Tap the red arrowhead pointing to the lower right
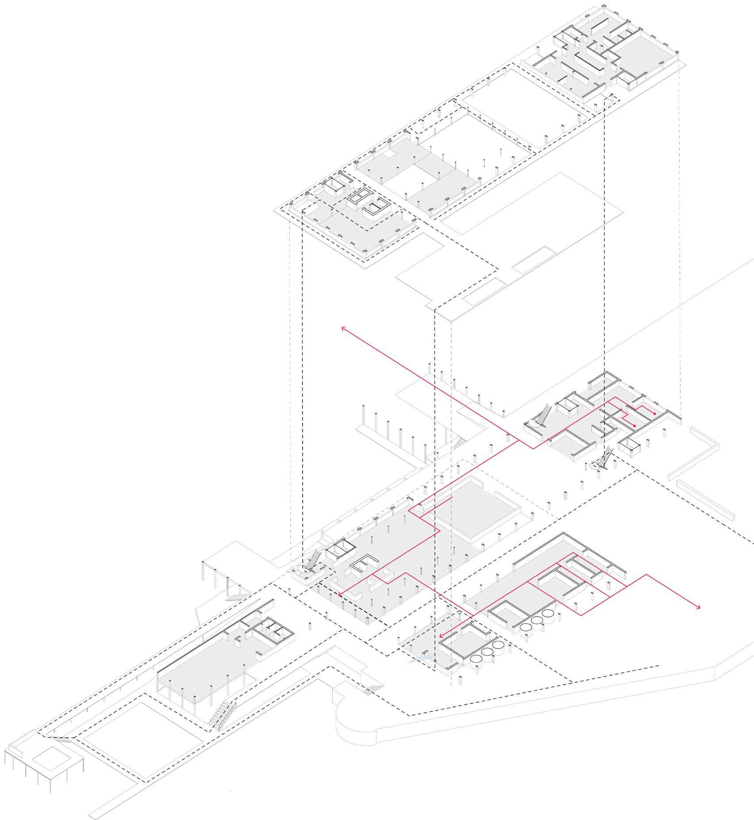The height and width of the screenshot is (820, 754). coord(699,608)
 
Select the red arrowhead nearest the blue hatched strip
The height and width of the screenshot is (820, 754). coord(441,636)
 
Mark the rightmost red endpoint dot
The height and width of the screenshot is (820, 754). coord(654,414)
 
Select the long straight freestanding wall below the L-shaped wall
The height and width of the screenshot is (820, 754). coord(705,500)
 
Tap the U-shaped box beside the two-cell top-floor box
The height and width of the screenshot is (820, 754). coord(377,211)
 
